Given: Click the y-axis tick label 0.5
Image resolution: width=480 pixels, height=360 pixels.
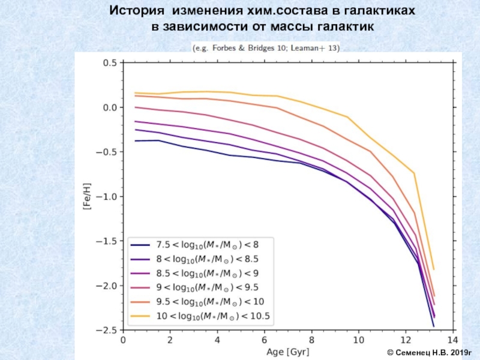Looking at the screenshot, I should coord(109,62).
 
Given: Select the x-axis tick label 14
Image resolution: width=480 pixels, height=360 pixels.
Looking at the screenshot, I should coord(452,340).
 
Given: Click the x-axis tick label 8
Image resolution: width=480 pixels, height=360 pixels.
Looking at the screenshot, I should coord(312,340).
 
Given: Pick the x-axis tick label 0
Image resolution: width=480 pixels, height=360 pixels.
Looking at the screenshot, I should coord(124,340).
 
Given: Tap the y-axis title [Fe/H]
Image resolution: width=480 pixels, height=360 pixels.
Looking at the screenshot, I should coord(86,196).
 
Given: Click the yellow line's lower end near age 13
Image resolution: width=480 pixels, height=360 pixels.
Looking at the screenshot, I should coord(433,269).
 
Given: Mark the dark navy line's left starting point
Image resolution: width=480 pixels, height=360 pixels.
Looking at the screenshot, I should coord(136,141).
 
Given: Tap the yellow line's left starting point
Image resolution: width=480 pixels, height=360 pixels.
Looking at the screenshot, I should coord(136,93).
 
